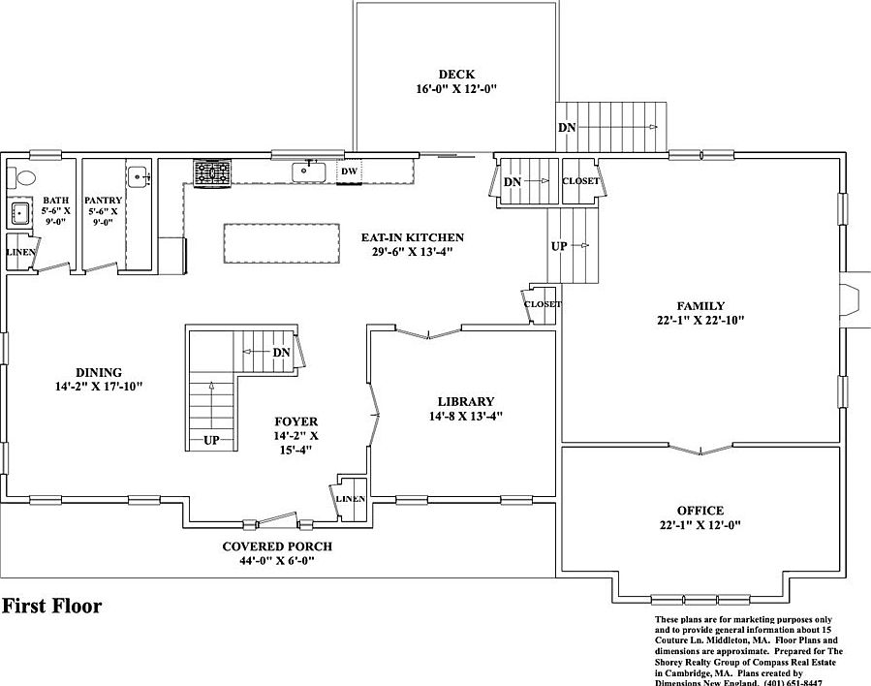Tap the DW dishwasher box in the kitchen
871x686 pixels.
(349, 171)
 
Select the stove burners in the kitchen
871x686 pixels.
(213, 172)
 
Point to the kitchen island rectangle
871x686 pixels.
(281, 242)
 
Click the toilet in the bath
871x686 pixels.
(22, 178)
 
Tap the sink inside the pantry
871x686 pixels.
(139, 177)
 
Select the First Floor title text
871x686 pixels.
(51, 608)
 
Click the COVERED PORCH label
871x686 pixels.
(277, 546)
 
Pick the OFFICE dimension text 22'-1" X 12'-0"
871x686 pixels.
(700, 526)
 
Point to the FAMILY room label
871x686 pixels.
(701, 306)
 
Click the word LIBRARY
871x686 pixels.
(465, 401)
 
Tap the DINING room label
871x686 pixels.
(99, 372)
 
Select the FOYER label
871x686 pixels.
(296, 421)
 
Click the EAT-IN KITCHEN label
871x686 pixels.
(412, 237)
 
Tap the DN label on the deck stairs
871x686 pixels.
(567, 128)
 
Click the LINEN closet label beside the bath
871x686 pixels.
(20, 253)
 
